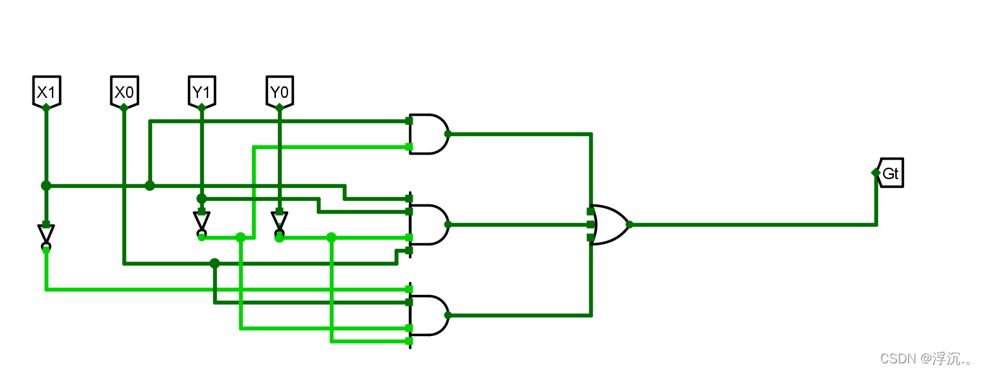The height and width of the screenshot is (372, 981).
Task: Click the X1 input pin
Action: pyautogui.click(x=45, y=91)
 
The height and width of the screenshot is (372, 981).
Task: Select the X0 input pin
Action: pyautogui.click(x=124, y=91)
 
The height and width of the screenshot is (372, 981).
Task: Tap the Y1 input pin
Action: pyautogui.click(x=201, y=91)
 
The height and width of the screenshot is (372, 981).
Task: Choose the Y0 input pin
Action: pyautogui.click(x=279, y=91)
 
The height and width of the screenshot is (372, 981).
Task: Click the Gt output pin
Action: pyautogui.click(x=890, y=173)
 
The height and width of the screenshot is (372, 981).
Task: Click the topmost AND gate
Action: pyautogui.click(x=429, y=134)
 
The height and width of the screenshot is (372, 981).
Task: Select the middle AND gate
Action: pyautogui.click(x=429, y=224)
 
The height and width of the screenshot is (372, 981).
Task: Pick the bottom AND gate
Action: pyautogui.click(x=429, y=315)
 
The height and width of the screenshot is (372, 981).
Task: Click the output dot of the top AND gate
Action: pyautogui.click(x=448, y=134)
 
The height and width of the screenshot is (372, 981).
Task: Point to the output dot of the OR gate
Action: pyautogui.click(x=630, y=224)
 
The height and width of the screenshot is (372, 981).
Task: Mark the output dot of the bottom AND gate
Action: pyautogui.click(x=448, y=315)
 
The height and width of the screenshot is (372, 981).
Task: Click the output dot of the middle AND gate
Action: pyautogui.click(x=448, y=224)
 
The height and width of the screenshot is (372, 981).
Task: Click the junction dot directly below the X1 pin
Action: pyautogui.click(x=46, y=186)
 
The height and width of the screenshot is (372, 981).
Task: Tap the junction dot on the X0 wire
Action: pyautogui.click(x=215, y=263)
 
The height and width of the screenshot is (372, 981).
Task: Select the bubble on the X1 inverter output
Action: pyautogui.click(x=46, y=248)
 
